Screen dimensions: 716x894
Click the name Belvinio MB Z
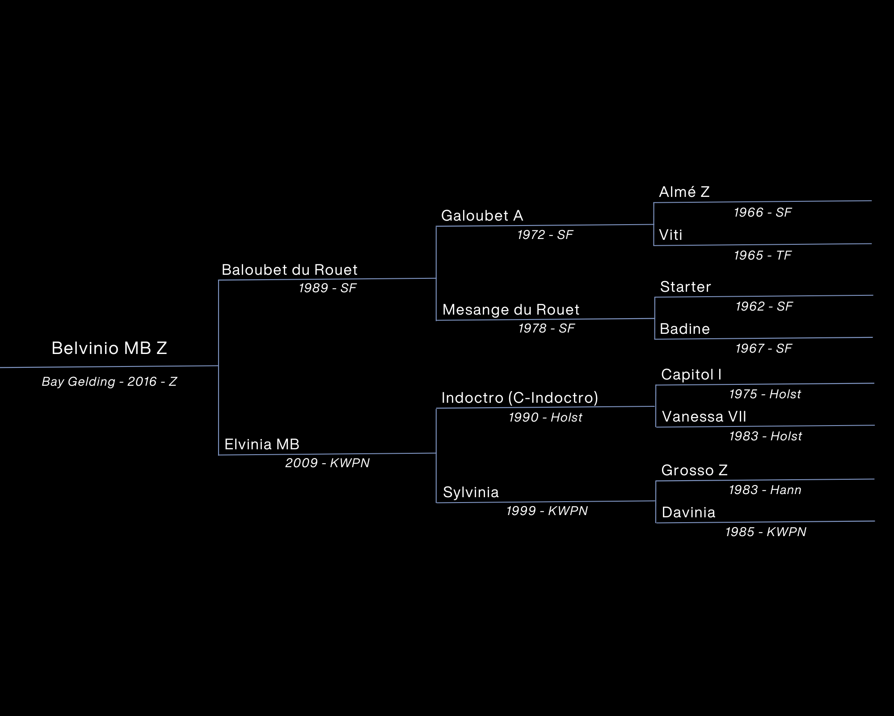[x=109, y=348]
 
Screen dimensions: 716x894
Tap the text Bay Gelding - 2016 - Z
[x=110, y=382]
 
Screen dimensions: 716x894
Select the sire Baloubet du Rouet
[x=290, y=270]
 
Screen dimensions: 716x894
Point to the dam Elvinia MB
[x=262, y=444]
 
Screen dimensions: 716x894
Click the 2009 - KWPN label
[x=328, y=463]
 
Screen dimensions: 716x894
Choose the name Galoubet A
[x=482, y=216]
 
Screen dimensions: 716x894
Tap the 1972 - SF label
[x=545, y=235]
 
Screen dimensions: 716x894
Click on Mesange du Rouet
[x=511, y=310]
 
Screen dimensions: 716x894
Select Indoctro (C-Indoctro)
[x=520, y=398]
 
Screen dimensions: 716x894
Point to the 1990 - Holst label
[x=546, y=418]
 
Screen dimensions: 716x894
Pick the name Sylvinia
[x=471, y=492]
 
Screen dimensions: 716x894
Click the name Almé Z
[x=684, y=192]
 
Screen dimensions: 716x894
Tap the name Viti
[x=671, y=235]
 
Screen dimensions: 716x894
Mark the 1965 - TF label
[x=763, y=256]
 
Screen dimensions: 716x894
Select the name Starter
[x=686, y=287]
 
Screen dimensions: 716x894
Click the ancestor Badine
[x=685, y=329]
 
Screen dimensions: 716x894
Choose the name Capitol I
[x=692, y=375]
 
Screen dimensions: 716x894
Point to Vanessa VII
[x=704, y=417]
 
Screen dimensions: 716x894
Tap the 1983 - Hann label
[x=765, y=490]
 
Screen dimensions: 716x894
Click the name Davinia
[x=689, y=512]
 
